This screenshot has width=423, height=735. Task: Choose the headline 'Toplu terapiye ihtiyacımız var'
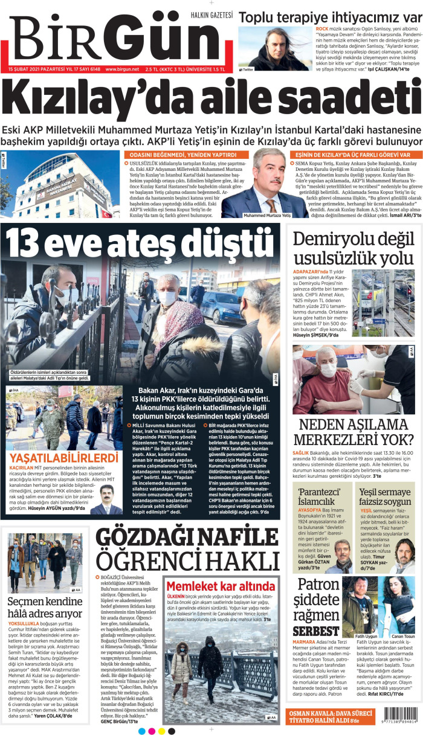[x=329, y=16]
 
